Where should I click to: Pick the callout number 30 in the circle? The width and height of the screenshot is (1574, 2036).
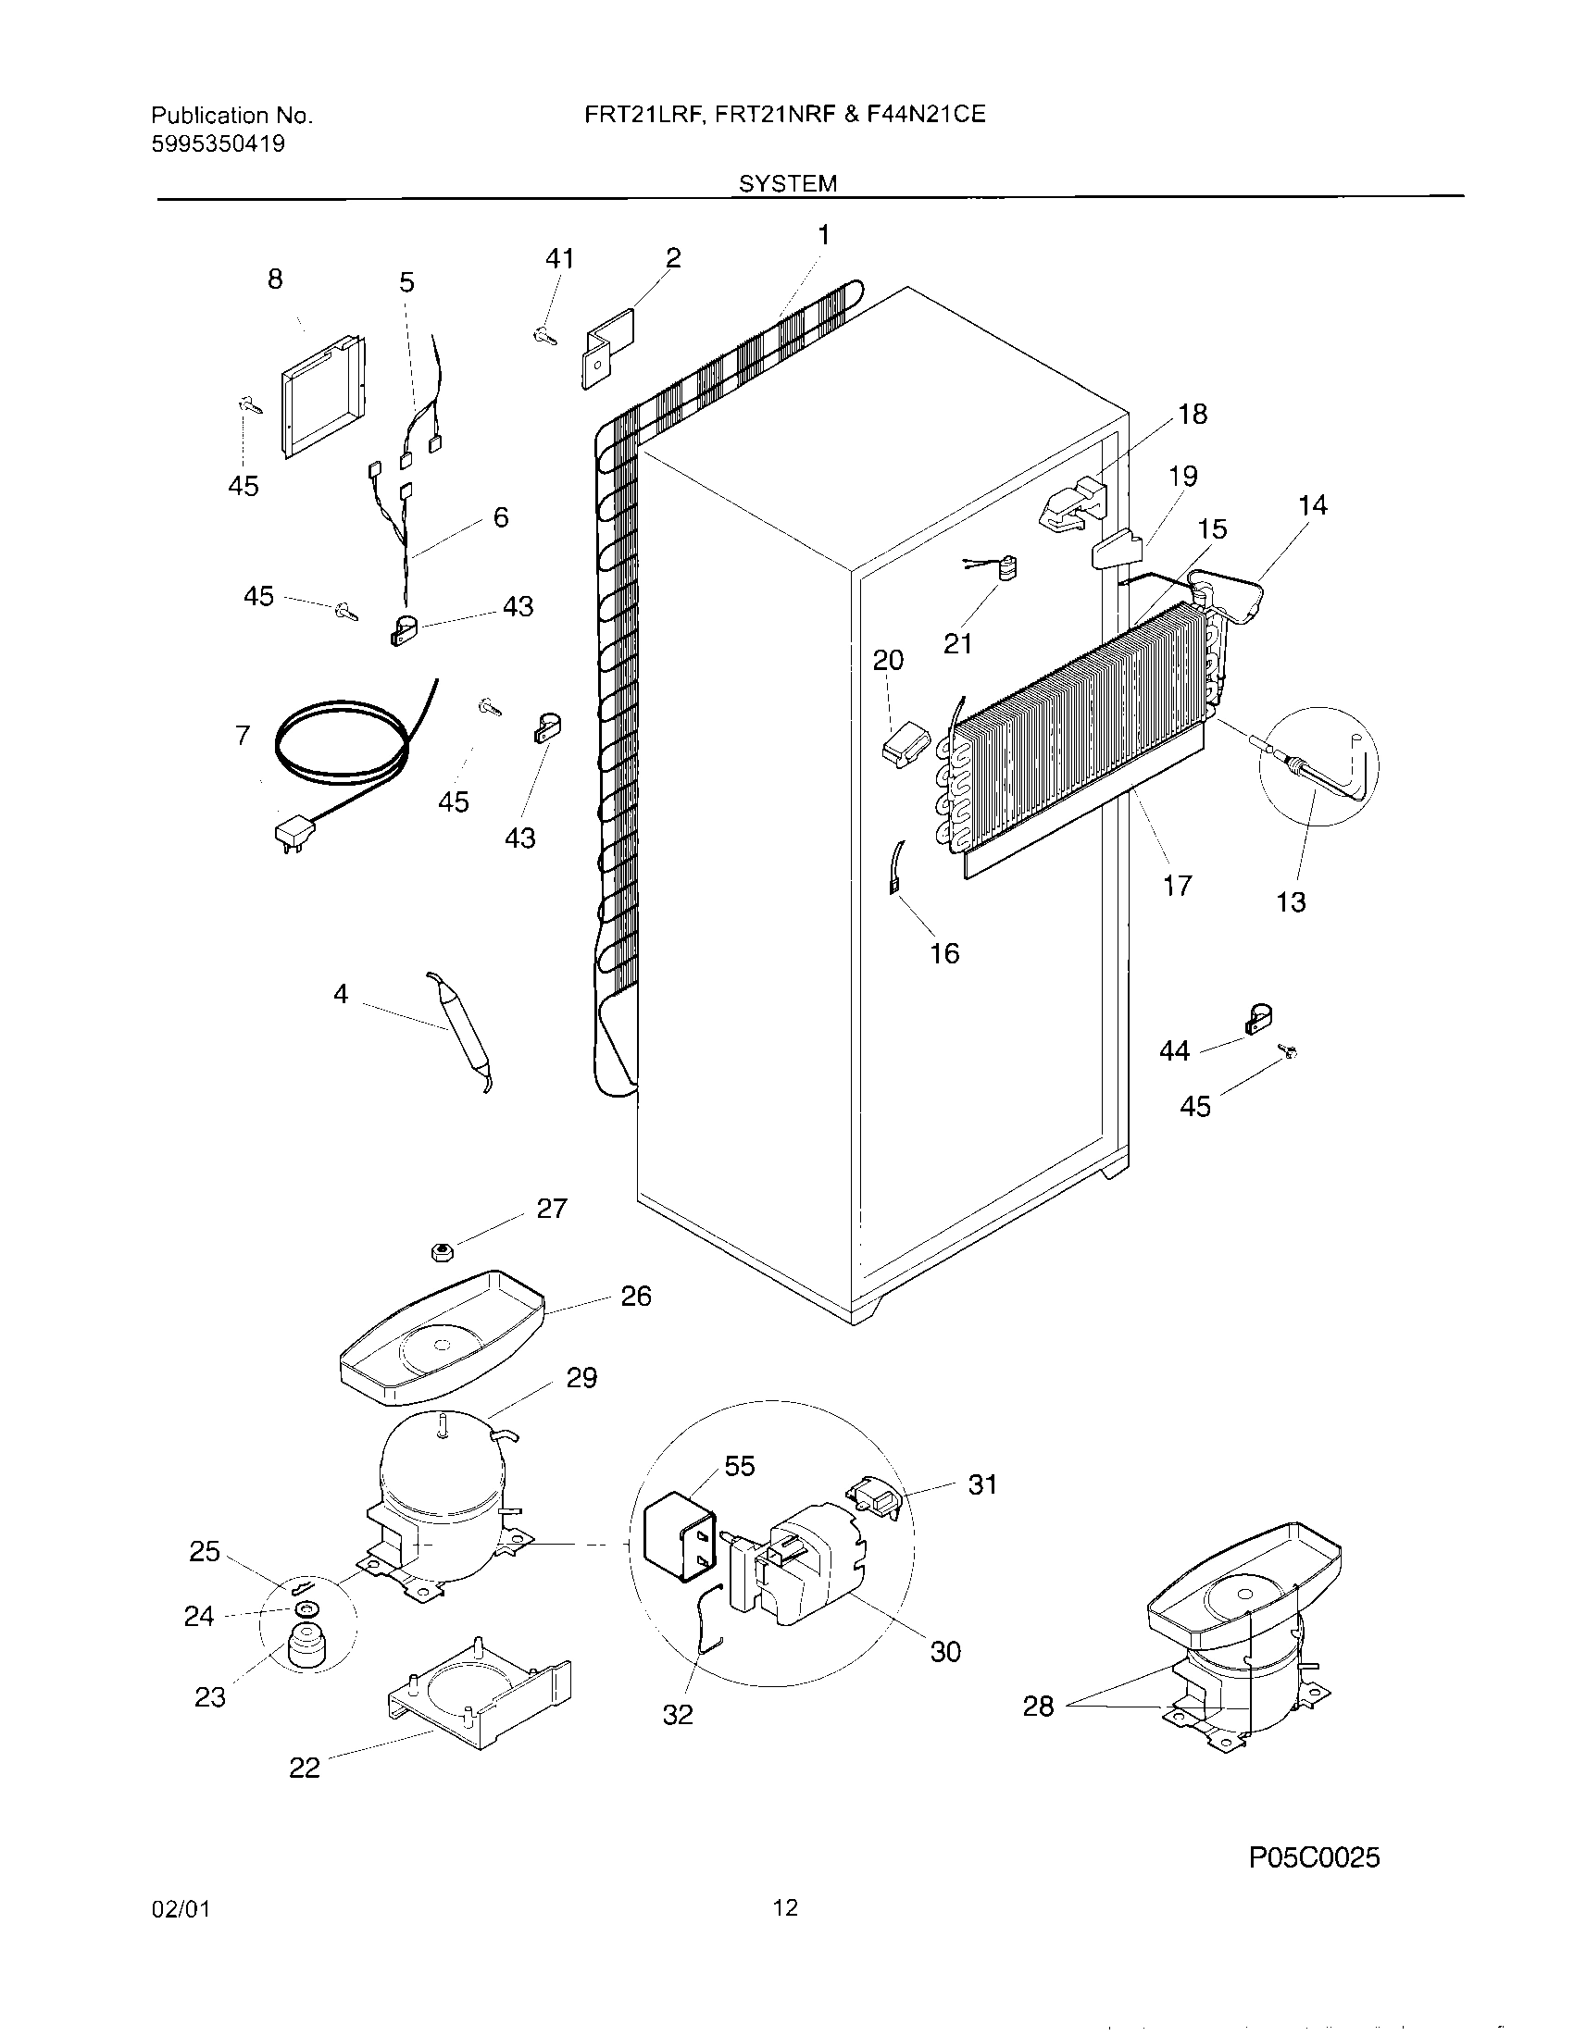pyautogui.click(x=944, y=1651)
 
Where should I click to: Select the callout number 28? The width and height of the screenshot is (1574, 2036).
pyautogui.click(x=1038, y=1706)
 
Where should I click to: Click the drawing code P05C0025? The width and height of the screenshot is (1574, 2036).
pyautogui.click(x=1314, y=1831)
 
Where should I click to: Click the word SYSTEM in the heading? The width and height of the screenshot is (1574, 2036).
pyautogui.click(x=788, y=183)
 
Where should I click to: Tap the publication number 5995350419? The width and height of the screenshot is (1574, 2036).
pyautogui.click(x=219, y=143)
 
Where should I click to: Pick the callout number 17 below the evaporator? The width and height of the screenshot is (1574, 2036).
pyautogui.click(x=1178, y=885)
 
